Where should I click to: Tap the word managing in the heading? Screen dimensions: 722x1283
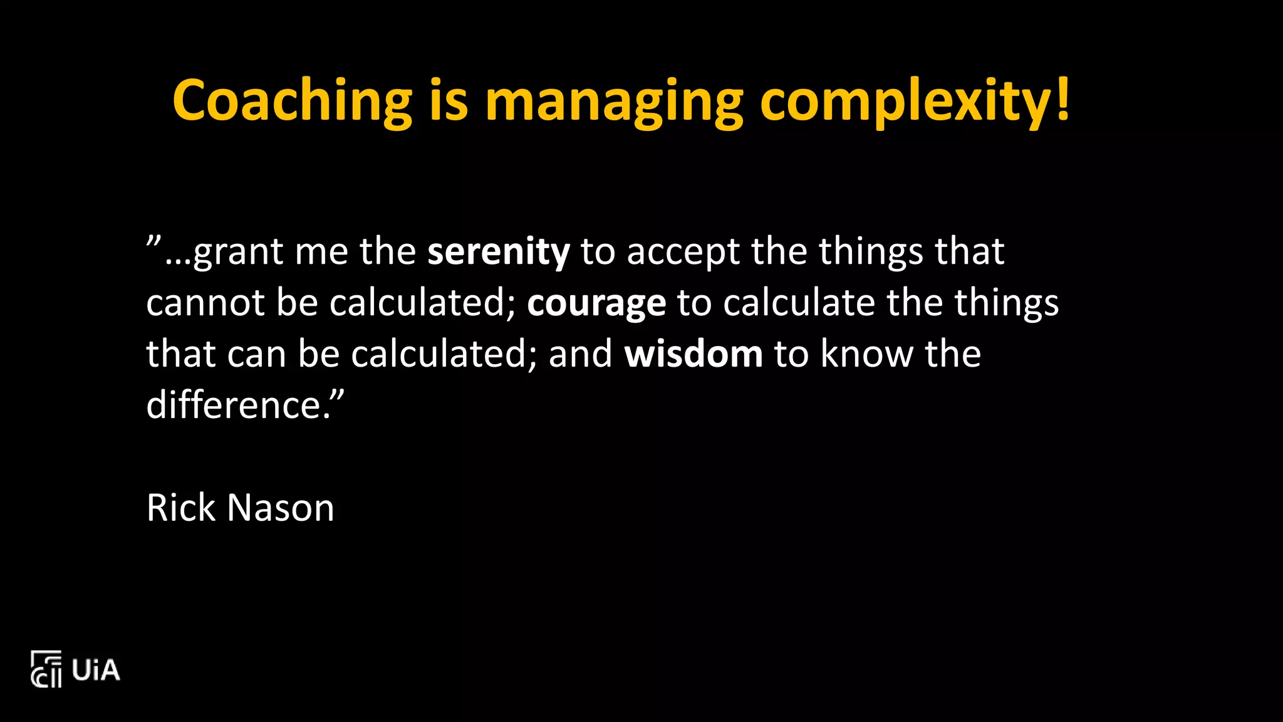[614, 102]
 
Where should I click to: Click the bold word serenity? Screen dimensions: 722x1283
[499, 252]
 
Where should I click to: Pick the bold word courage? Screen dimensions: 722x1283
[596, 304]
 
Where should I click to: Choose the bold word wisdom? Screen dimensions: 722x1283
[693, 354]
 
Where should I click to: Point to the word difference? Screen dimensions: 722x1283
[234, 405]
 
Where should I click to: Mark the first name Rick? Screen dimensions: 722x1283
[181, 508]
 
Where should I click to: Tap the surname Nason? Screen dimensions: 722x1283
[281, 508]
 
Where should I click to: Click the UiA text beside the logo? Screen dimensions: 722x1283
[96, 670]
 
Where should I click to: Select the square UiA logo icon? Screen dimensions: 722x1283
[46, 669]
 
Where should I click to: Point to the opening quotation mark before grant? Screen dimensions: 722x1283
[154, 241]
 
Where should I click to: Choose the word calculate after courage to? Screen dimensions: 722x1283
[799, 303]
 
